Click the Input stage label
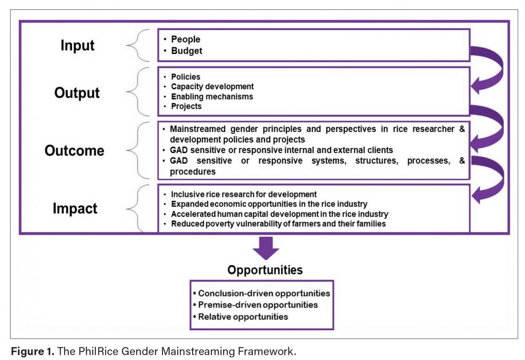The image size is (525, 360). coord(77,45)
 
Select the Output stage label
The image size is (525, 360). coord(77,93)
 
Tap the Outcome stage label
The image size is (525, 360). coord(74,150)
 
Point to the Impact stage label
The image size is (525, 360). coord(75,208)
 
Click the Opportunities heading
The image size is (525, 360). coord(265,270)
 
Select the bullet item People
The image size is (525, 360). coord(186,39)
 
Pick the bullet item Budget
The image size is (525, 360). coord(187,51)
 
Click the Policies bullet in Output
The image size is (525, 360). coord(186,77)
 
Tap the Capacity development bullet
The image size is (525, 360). coord(212,86)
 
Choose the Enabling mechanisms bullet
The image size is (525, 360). coord(212,97)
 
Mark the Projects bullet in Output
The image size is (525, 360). coord(186,106)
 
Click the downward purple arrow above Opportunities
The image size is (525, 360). coord(266,248)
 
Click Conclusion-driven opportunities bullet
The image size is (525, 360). coord(264,293)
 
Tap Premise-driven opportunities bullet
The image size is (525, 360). coord(258,305)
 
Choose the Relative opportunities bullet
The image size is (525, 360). coord(243,317)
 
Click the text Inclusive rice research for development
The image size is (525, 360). coord(244,194)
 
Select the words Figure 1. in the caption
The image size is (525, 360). coord(32,351)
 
